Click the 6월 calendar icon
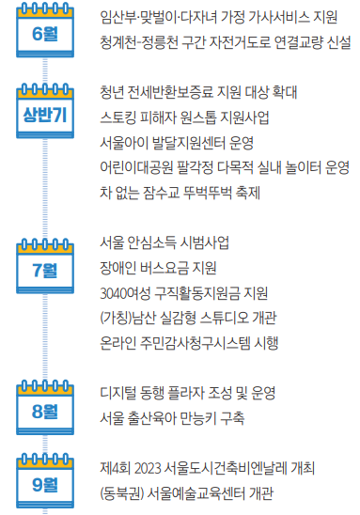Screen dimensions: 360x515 point(45,30)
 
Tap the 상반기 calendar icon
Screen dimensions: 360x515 point(45,111)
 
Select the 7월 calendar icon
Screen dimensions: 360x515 point(45,266)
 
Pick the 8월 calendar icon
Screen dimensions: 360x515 point(45,408)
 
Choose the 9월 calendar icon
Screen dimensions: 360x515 point(45,480)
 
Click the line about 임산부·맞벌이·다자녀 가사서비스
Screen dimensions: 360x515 point(219,17)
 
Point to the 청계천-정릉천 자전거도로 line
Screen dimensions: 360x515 point(226,42)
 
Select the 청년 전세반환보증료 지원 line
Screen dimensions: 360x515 point(198,92)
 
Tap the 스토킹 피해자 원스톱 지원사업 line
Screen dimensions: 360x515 point(184,117)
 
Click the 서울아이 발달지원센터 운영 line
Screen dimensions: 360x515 point(177,143)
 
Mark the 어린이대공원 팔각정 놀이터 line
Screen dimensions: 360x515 point(225,168)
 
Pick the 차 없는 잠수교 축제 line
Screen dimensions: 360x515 point(180,193)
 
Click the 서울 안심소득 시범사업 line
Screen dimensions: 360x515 point(164,243)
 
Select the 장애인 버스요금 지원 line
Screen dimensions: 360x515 point(158,269)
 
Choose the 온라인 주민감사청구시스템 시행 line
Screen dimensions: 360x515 point(189,344)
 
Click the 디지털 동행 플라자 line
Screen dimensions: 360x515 point(188,393)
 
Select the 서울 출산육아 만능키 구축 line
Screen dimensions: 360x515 point(172,418)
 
